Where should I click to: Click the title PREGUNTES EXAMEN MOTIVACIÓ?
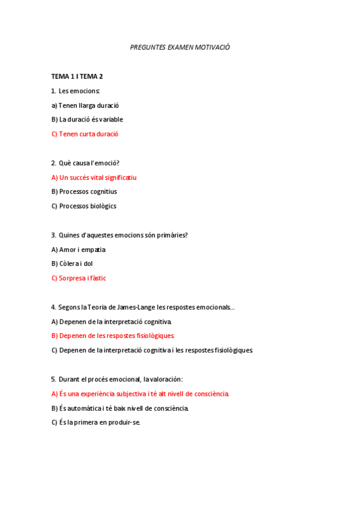pyautogui.click(x=180, y=47)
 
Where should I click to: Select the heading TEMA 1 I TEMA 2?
pyautogui.click(x=77, y=76)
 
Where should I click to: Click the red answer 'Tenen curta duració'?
pyautogui.click(x=85, y=134)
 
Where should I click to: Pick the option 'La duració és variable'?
pyautogui.click(x=87, y=120)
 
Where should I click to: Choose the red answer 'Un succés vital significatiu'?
pyautogui.click(x=94, y=177)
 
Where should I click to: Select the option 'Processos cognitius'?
pyautogui.click(x=84, y=192)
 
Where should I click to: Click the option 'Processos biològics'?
pyautogui.click(x=84, y=206)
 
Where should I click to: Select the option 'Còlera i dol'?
pyautogui.click(x=72, y=264)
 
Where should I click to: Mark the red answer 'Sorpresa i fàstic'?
pyautogui.click(x=79, y=278)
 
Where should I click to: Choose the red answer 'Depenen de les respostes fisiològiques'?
pyautogui.click(x=113, y=336)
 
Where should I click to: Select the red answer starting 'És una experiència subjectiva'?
pyautogui.click(x=140, y=394)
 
